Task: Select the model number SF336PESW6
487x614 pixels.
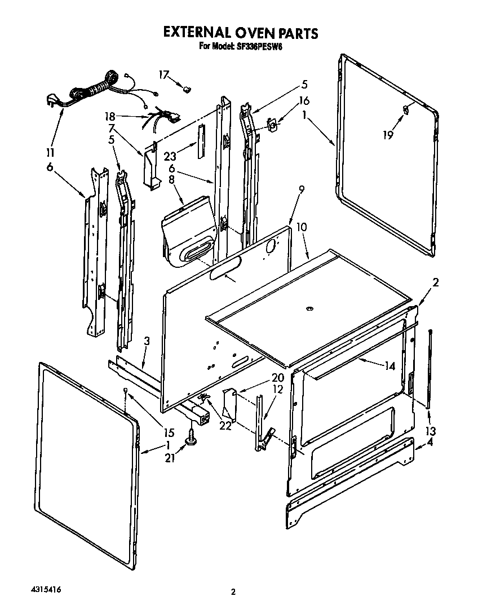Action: [x=256, y=47]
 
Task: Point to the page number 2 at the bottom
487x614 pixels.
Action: [x=232, y=591]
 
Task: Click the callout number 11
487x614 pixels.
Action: [x=51, y=152]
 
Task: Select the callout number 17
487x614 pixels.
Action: [x=163, y=74]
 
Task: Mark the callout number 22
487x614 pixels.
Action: [x=225, y=426]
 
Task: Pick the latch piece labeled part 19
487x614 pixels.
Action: [x=405, y=109]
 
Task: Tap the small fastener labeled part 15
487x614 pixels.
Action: [x=126, y=391]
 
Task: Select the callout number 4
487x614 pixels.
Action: [x=431, y=442]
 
